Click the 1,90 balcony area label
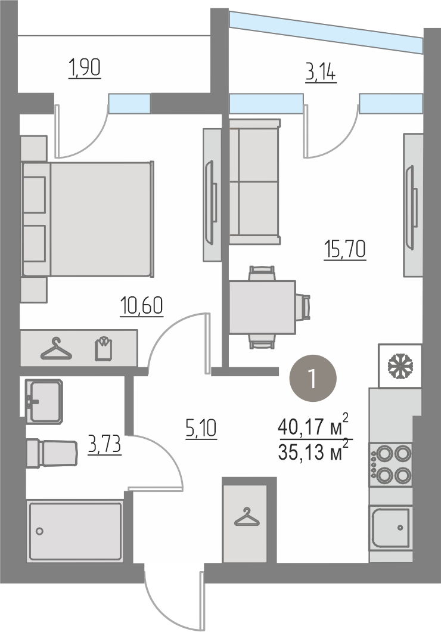[85, 68]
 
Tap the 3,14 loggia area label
[321, 73]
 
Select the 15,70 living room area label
[345, 250]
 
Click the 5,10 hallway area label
[201, 428]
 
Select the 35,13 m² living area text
[313, 451]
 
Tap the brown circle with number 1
[313, 378]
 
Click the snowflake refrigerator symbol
[400, 366]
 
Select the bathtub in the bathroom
[75, 531]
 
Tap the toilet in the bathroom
[52, 453]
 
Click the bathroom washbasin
[44, 401]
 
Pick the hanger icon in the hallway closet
[247, 517]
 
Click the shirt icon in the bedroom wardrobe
[104, 348]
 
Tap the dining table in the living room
[263, 308]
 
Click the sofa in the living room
[254, 181]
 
